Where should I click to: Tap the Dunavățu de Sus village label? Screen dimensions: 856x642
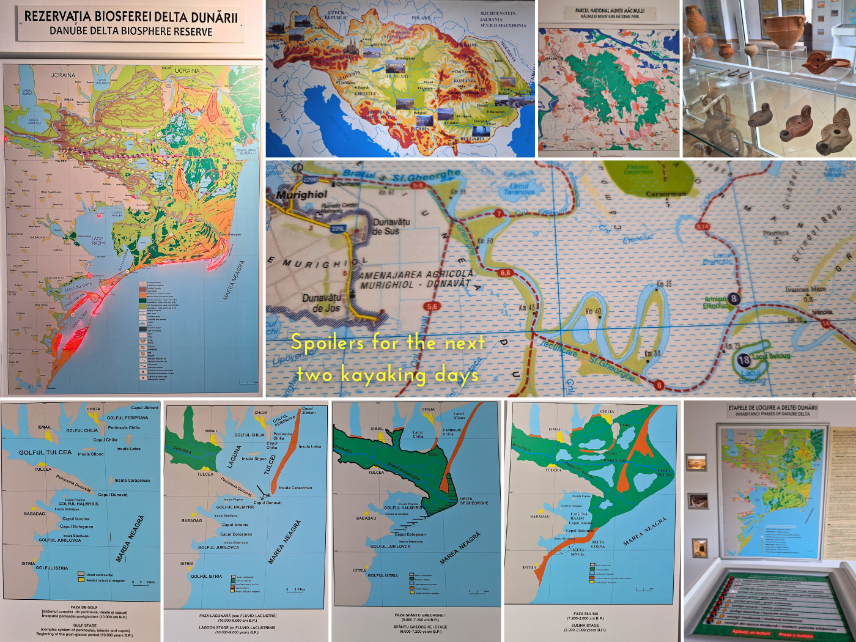pos(391,227)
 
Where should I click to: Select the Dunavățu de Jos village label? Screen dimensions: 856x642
pos(322,303)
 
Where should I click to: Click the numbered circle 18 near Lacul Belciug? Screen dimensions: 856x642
pos(743,360)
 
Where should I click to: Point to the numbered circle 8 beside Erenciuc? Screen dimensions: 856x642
pos(734,299)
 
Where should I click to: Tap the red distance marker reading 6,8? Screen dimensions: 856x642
pos(505,273)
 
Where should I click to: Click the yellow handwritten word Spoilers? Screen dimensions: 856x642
pos(328,342)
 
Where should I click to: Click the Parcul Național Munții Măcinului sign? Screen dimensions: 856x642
pos(609,13)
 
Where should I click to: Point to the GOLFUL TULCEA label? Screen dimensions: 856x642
pos(45,452)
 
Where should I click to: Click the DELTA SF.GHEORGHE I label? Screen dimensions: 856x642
pos(474,501)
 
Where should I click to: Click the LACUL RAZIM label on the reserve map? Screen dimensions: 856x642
pos(98,240)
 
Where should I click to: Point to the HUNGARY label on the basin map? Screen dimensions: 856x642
pos(398,76)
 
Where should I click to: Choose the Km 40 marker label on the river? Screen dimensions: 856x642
pos(592,312)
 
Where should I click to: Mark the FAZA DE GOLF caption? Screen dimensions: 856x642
pos(84,607)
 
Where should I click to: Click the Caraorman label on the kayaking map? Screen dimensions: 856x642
pos(666,194)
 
